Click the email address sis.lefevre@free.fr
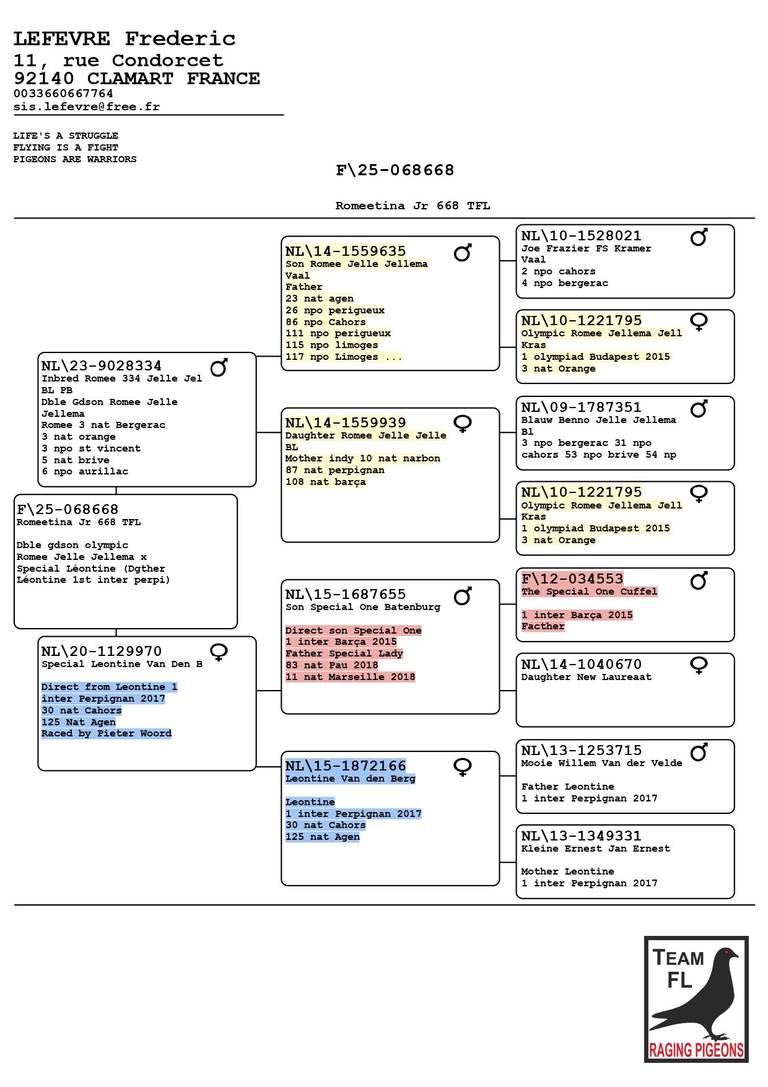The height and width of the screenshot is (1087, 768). (x=87, y=107)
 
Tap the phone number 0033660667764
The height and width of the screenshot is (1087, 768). (x=63, y=94)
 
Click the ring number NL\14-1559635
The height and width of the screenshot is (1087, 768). (x=346, y=251)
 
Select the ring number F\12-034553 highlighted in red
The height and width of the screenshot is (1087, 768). (x=572, y=578)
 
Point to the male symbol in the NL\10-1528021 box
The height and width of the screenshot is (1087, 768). (x=699, y=237)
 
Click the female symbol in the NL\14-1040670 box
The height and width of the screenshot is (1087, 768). (x=699, y=665)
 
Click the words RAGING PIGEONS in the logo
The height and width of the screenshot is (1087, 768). (x=696, y=1050)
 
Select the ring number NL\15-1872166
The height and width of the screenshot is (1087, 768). (x=346, y=766)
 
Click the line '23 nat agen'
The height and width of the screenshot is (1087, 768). (x=320, y=299)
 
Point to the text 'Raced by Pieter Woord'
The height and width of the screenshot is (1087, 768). (x=107, y=733)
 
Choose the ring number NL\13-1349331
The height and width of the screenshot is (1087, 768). (x=581, y=836)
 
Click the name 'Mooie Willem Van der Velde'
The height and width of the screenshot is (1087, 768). (x=601, y=763)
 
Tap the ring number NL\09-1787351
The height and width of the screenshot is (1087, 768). (x=581, y=407)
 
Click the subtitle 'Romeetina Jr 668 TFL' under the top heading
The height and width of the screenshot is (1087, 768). (x=412, y=206)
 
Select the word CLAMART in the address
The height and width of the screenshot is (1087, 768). (x=130, y=79)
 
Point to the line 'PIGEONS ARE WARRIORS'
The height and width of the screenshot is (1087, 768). (x=75, y=159)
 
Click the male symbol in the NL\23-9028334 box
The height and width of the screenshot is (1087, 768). (x=219, y=367)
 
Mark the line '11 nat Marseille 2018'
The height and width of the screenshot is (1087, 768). (x=351, y=677)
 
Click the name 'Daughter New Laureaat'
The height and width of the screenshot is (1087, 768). (x=586, y=677)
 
